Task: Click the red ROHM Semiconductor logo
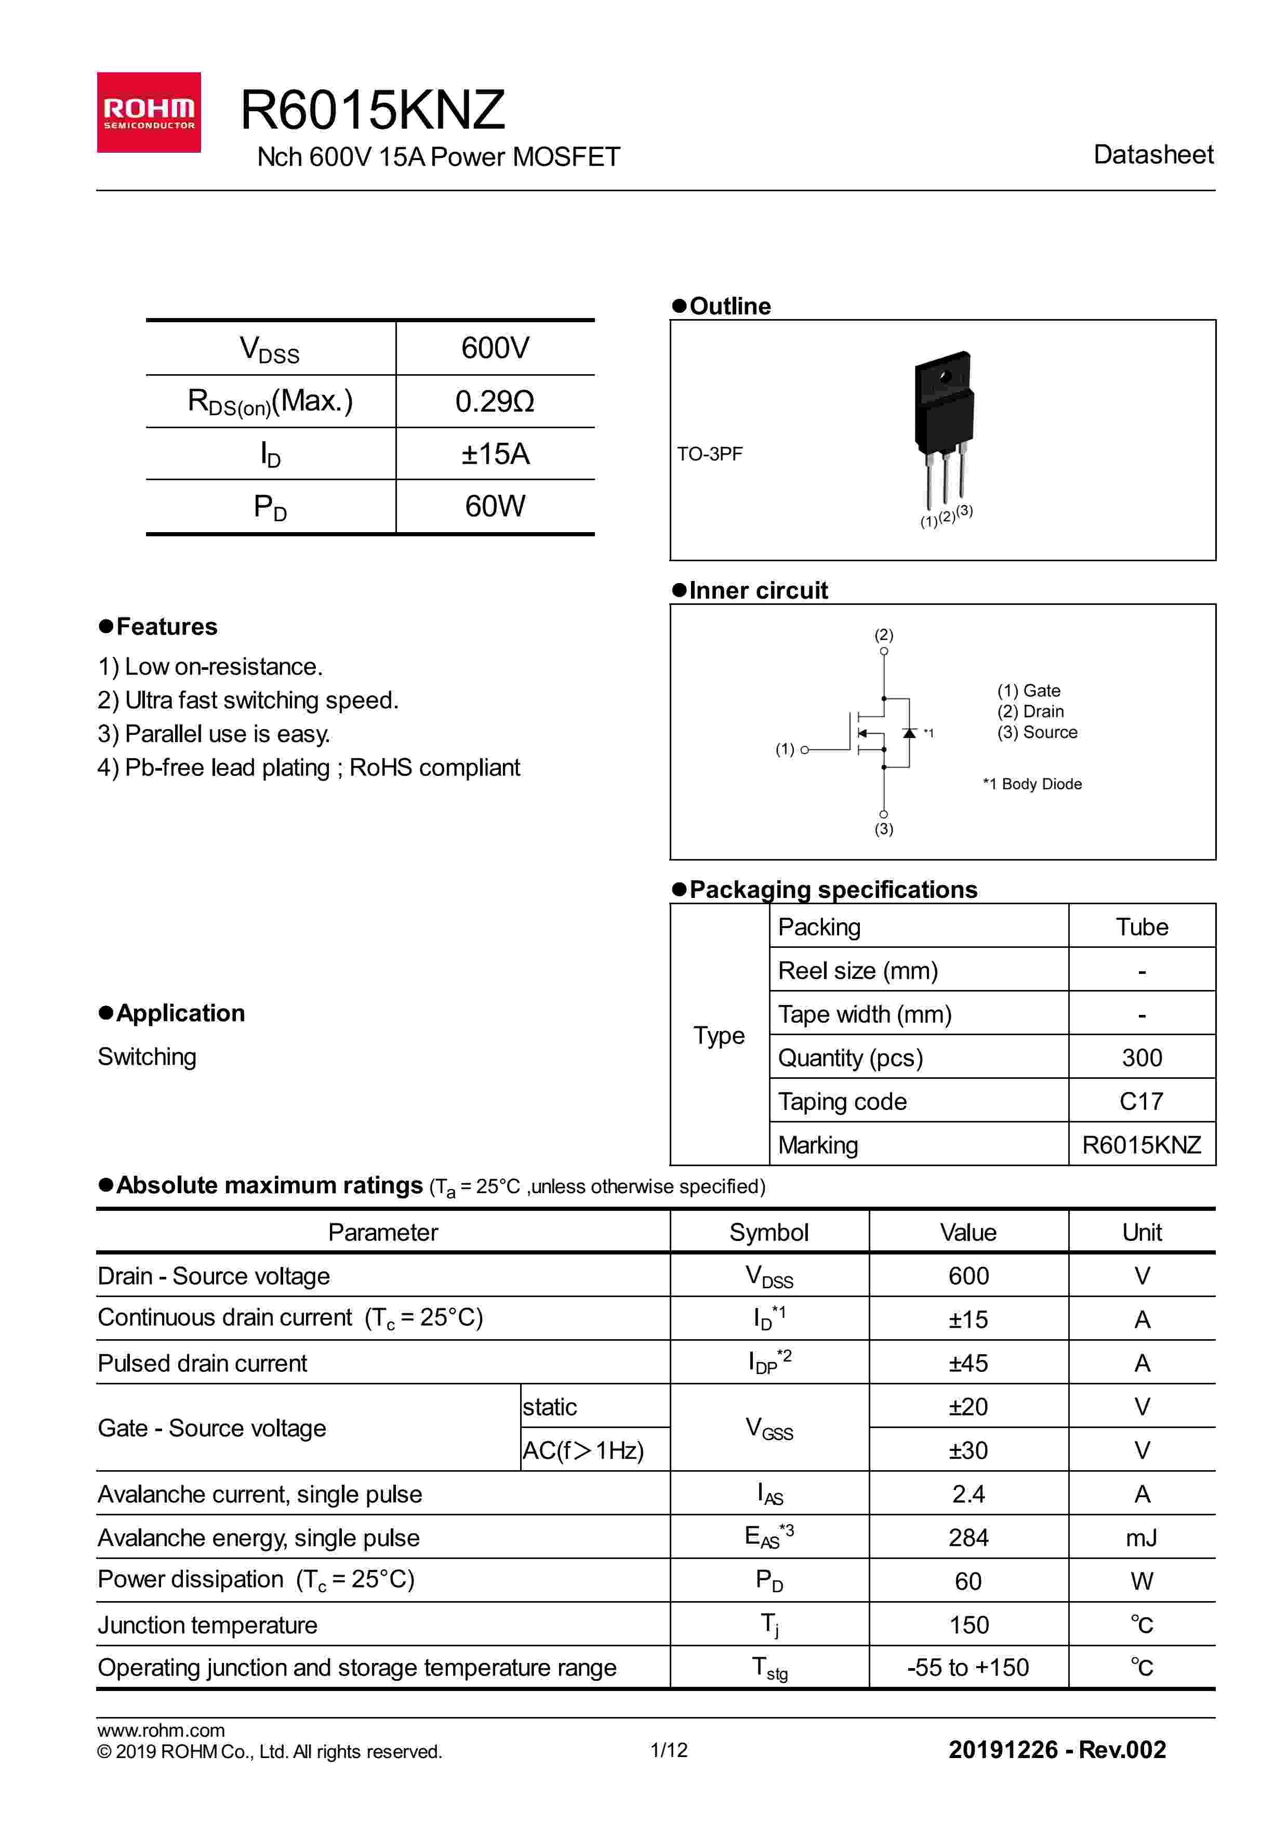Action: [x=149, y=112]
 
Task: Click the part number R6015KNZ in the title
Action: [x=372, y=110]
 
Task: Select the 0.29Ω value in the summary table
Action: [x=495, y=402]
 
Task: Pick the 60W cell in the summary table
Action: [x=495, y=506]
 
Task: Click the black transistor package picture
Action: [x=943, y=413]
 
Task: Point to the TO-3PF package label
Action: [x=710, y=454]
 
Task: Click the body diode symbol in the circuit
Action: [x=909, y=733]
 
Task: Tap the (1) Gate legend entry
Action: [x=1029, y=691]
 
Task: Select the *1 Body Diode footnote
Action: [x=1032, y=784]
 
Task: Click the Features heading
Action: [x=166, y=626]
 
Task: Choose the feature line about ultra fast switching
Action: [x=248, y=701]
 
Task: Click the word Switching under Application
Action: [x=147, y=1057]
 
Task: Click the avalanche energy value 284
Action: [x=968, y=1538]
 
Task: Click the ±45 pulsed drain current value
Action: [x=968, y=1363]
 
